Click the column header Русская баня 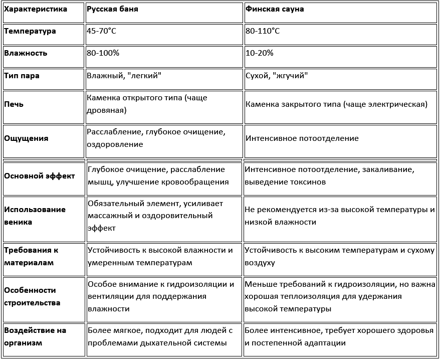[112, 9]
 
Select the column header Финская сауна [275, 9]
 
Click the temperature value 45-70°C [102, 31]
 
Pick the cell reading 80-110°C [263, 31]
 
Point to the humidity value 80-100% [103, 53]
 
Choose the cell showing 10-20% [259, 53]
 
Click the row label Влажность [26, 53]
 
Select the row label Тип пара [22, 76]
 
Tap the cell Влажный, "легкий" [124, 76]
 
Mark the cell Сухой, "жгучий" [277, 76]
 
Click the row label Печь [14, 104]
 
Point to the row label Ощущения [26, 138]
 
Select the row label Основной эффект [39, 176]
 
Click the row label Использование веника [35, 216]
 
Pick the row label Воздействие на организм [35, 336]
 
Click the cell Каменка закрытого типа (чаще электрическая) [336, 104]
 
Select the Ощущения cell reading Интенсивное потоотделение [302, 138]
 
